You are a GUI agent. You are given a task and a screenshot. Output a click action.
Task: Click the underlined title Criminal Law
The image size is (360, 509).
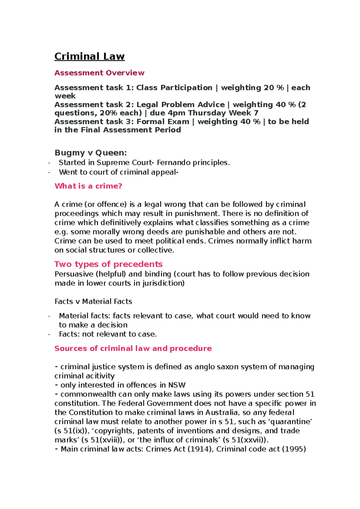click(x=89, y=56)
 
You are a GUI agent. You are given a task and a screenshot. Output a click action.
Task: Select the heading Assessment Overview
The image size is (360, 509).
click(x=99, y=73)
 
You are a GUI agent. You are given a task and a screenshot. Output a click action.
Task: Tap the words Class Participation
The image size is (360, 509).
click(x=174, y=88)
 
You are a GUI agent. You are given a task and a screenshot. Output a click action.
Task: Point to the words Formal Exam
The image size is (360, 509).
click(x=163, y=122)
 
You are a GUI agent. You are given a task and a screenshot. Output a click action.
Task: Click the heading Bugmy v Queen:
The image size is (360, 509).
click(x=91, y=153)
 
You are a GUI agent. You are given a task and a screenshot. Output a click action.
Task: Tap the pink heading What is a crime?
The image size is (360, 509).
click(x=88, y=186)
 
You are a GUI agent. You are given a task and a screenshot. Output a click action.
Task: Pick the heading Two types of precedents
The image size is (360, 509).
click(x=108, y=264)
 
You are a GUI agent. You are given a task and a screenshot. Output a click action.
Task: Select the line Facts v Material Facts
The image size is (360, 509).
click(x=93, y=301)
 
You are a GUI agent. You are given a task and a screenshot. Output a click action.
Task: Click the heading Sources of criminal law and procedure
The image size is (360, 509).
click(x=133, y=348)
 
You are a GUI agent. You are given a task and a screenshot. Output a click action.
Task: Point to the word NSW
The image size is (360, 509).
click(x=177, y=385)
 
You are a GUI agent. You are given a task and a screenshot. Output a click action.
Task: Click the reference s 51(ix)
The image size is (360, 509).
click(x=72, y=431)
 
